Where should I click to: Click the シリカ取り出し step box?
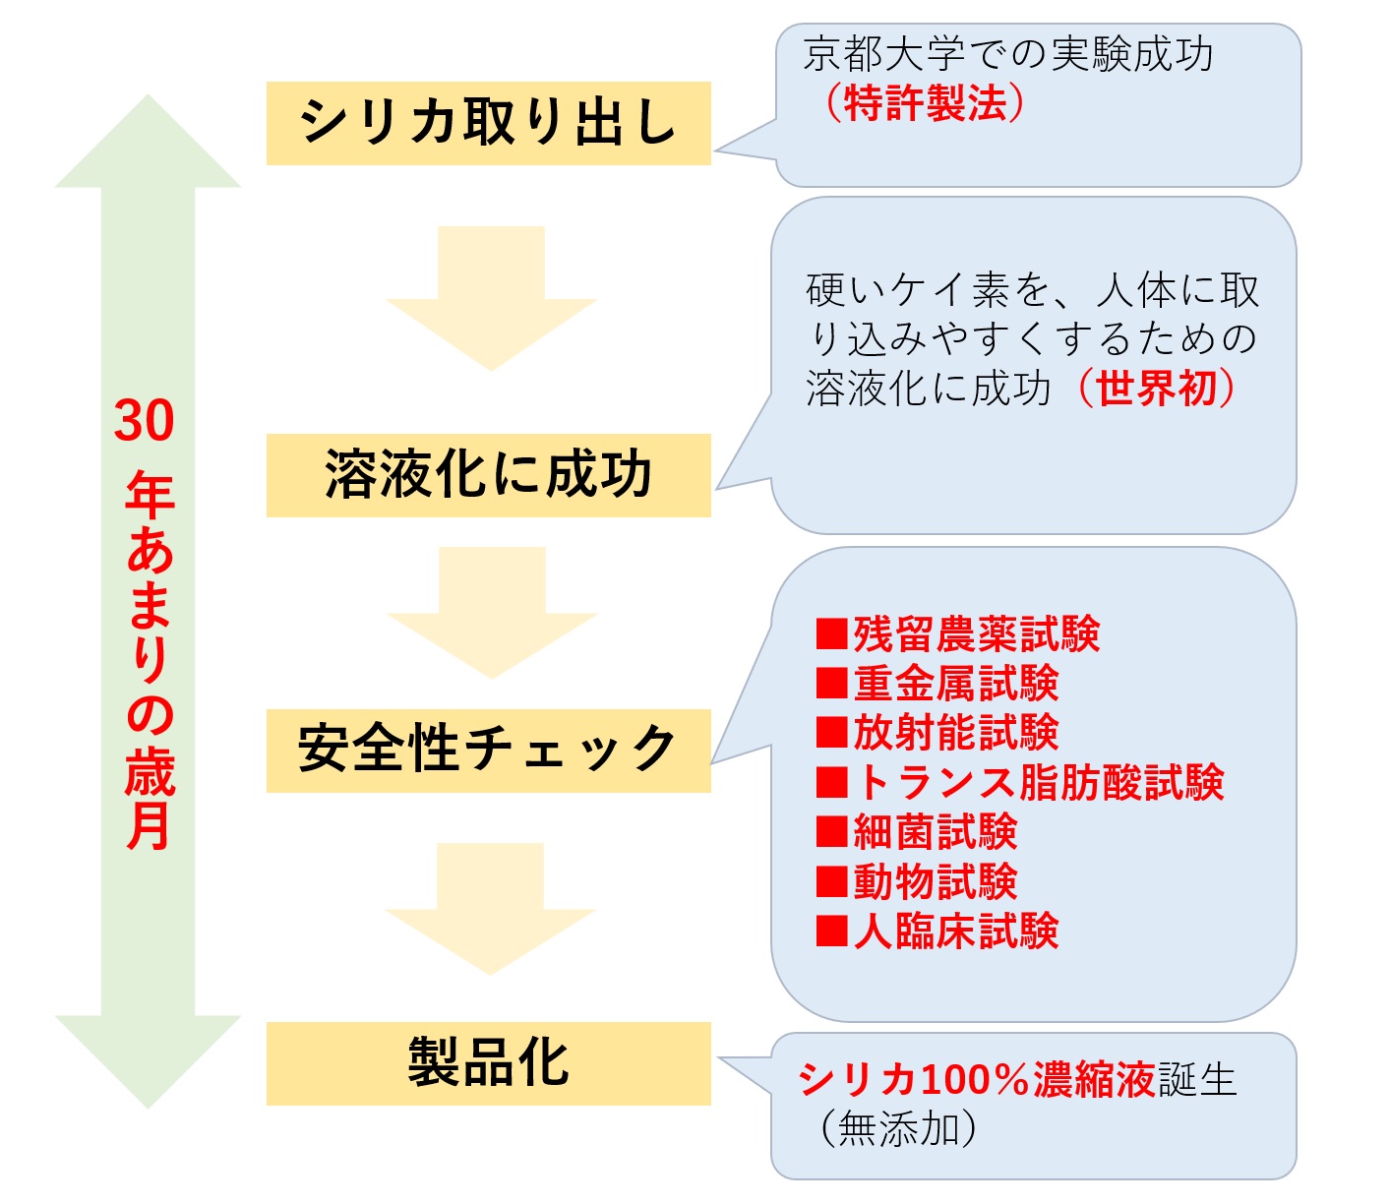coord(488,123)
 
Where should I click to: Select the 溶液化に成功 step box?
coord(488,475)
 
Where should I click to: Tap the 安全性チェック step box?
coord(488,751)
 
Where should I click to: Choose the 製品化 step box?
coord(488,1063)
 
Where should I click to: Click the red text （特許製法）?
coord(925,102)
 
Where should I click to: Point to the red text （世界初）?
coord(1157,388)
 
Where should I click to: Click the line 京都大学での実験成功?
coord(1008,54)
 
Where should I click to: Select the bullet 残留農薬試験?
coord(958,634)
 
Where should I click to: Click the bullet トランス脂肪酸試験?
coord(1020,782)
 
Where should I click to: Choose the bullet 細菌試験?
coord(917,832)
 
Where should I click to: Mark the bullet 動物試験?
coord(917,881)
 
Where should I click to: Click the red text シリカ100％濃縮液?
coord(977,1079)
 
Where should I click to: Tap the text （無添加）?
coord(898,1128)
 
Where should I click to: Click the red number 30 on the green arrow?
coord(145,421)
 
